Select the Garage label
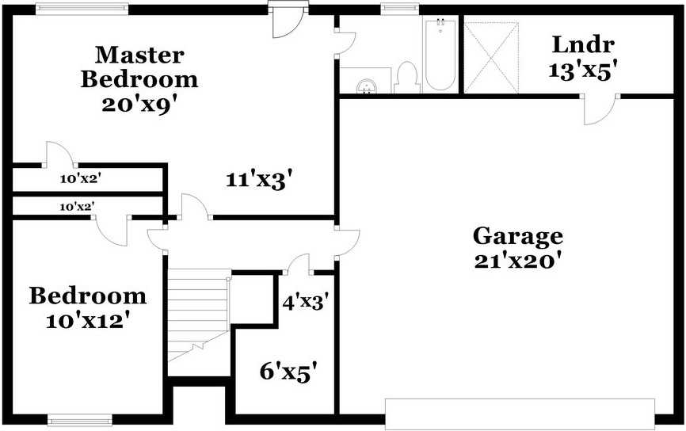pos(518,235)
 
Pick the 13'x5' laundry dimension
pos(583,69)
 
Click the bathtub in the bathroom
pos(439,55)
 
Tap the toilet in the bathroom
pos(408,77)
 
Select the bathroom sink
pos(366,85)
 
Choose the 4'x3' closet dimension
pos(305,301)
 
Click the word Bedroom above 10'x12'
pos(88,296)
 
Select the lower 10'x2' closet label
pos(78,206)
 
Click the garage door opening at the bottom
pos(520,413)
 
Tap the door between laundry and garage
pos(600,109)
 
